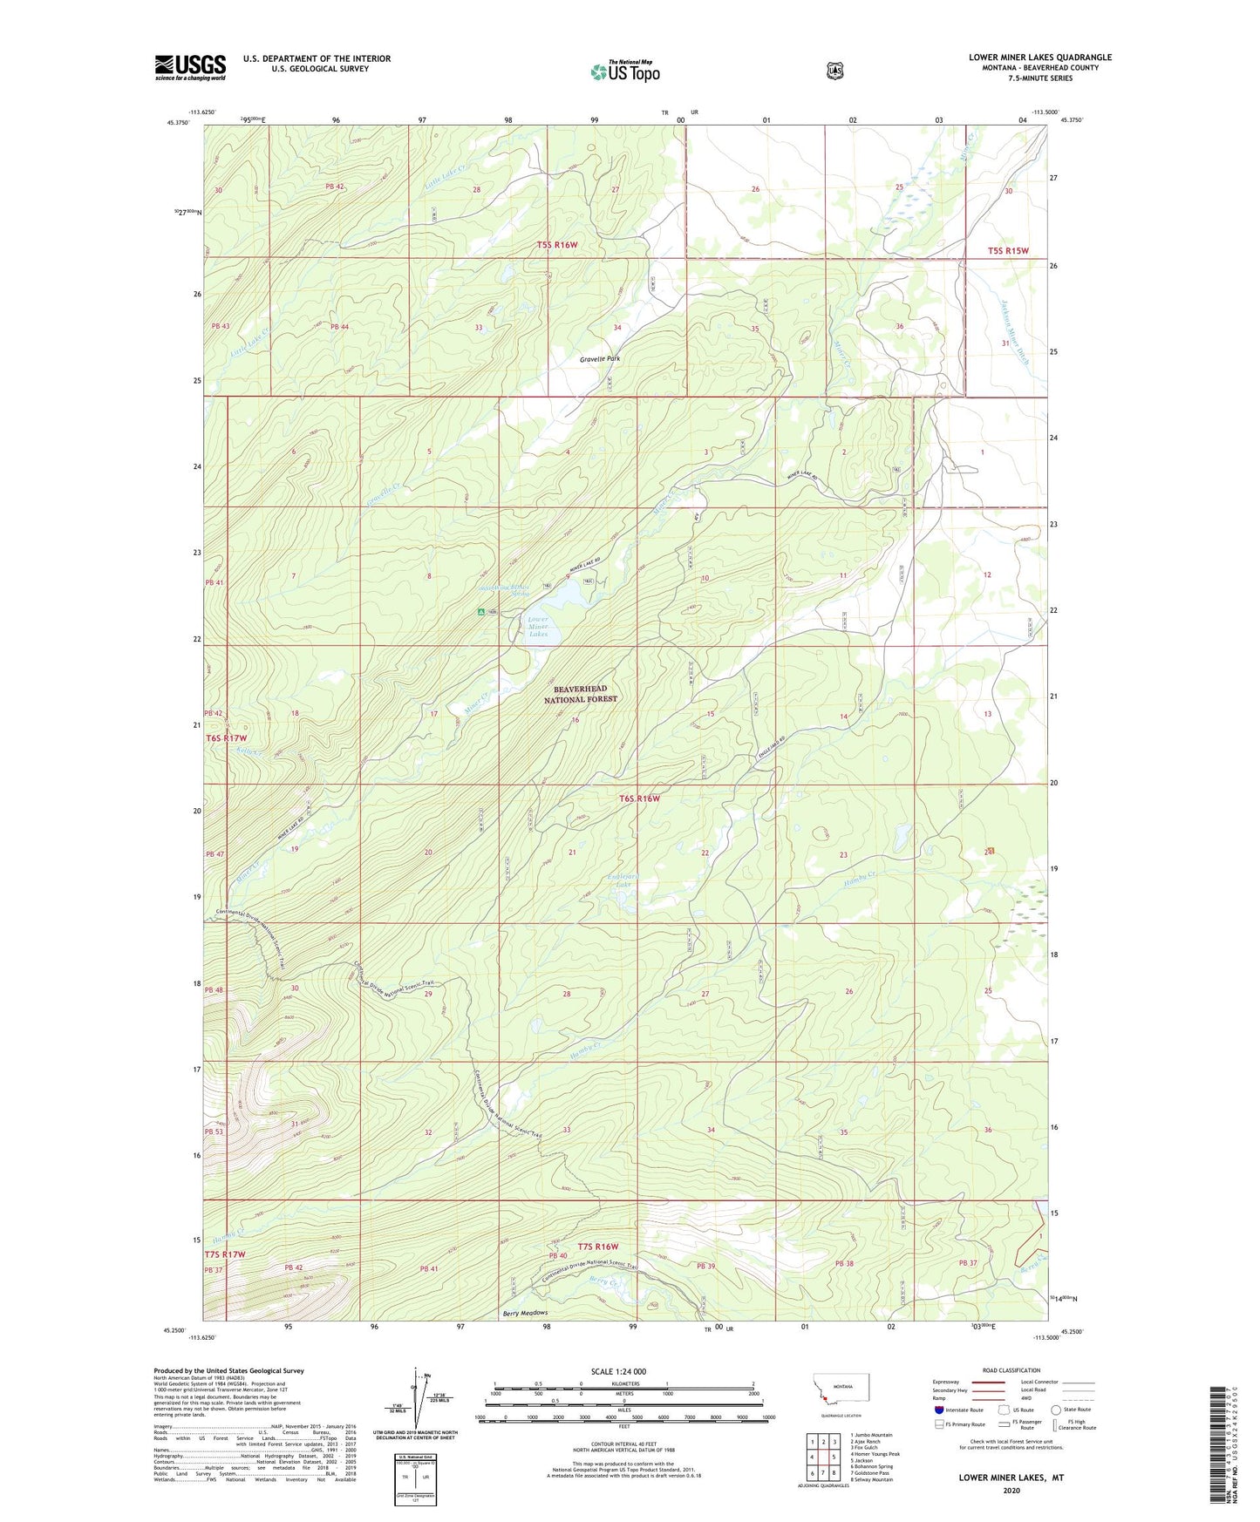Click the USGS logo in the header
(x=190, y=67)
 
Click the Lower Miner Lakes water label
(x=538, y=627)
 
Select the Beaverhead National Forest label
(x=580, y=694)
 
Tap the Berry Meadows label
(x=525, y=1313)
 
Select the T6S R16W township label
(x=639, y=798)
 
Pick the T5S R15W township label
(x=1008, y=251)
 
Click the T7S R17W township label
(x=225, y=1254)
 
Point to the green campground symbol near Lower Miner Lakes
(x=480, y=612)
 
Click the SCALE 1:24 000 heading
(x=618, y=1371)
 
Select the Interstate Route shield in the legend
(x=938, y=1409)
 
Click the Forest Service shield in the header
(x=834, y=71)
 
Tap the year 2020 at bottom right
(x=1011, y=1490)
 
